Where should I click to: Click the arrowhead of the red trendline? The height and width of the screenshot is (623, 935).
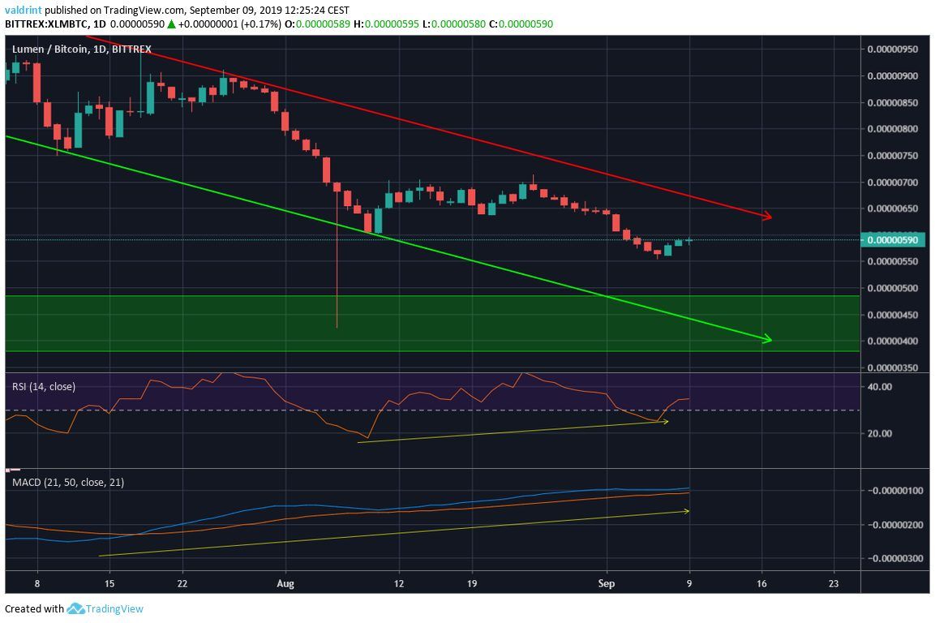pyautogui.click(x=766, y=217)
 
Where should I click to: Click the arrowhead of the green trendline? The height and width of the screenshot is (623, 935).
pyautogui.click(x=766, y=339)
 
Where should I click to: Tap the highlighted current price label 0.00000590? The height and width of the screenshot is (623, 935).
pyautogui.click(x=892, y=240)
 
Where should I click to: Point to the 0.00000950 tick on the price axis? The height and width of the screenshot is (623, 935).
pyautogui.click(x=892, y=49)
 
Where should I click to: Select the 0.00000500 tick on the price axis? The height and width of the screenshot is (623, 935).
pyautogui.click(x=892, y=288)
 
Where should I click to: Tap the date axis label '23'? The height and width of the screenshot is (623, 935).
pyautogui.click(x=834, y=582)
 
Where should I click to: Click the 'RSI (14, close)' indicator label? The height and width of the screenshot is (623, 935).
pyautogui.click(x=44, y=387)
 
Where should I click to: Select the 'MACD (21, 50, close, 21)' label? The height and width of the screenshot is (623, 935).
pyautogui.click(x=68, y=483)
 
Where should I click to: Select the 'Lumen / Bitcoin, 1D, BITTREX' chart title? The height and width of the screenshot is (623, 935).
pyautogui.click(x=81, y=49)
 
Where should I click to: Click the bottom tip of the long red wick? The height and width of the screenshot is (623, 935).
pyautogui.click(x=337, y=328)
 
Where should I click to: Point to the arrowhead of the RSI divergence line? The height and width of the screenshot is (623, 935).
pyautogui.click(x=666, y=422)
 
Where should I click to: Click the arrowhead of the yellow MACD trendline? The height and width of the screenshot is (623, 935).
pyautogui.click(x=687, y=511)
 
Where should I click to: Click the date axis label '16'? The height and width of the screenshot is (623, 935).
pyautogui.click(x=761, y=582)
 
